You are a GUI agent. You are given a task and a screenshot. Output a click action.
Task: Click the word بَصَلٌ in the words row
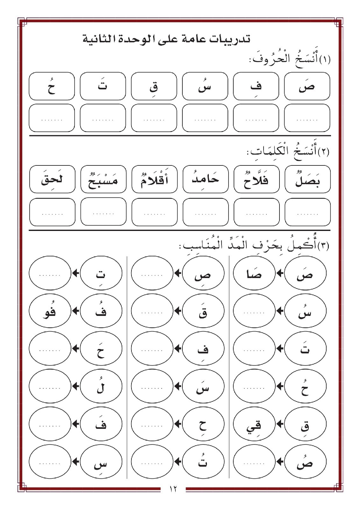pyautogui.click(x=307, y=179)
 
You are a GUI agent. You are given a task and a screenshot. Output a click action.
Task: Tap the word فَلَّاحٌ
pyautogui.click(x=256, y=179)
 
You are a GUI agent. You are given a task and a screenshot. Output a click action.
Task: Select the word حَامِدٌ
pyautogui.click(x=205, y=179)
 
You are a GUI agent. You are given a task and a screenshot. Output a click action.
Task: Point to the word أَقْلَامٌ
pyautogui.click(x=154, y=179)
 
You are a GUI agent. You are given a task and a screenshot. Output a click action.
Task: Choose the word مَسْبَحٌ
pyautogui.click(x=103, y=179)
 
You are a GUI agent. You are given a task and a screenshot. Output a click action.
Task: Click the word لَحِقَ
pyautogui.click(x=52, y=179)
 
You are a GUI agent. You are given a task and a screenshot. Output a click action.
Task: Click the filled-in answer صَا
pyautogui.click(x=254, y=274)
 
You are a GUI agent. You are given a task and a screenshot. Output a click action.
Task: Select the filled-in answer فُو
pyautogui.click(x=50, y=311)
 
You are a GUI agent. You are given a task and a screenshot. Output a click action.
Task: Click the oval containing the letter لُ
pyautogui.click(x=101, y=387)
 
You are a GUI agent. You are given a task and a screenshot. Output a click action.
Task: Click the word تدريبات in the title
pyautogui.click(x=231, y=39)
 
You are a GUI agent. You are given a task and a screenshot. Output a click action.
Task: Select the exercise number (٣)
pyautogui.click(x=323, y=246)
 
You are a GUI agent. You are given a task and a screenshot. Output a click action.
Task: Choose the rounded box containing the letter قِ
pyautogui.click(x=154, y=86)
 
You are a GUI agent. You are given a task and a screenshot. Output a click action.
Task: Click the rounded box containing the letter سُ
pyautogui.click(x=205, y=86)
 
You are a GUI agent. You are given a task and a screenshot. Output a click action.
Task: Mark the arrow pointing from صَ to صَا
pyautogui.click(x=280, y=273)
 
